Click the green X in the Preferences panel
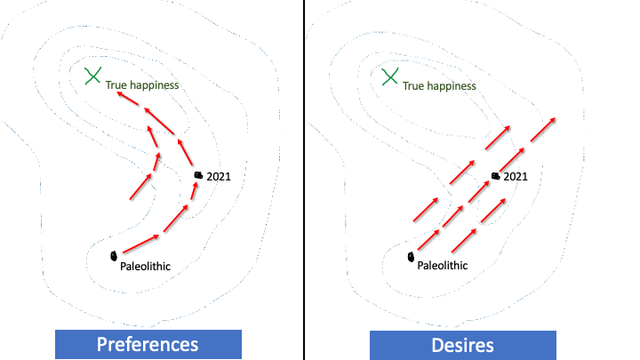(x=92, y=76)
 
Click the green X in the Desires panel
(x=389, y=77)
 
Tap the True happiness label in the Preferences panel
(x=142, y=85)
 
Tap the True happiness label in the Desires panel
(x=439, y=86)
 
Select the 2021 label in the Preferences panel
(x=219, y=177)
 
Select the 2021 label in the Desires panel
(x=516, y=177)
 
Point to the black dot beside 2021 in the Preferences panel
(x=198, y=176)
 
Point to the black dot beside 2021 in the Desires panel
(x=495, y=176)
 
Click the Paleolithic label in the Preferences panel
(x=145, y=265)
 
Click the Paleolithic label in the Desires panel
(x=442, y=265)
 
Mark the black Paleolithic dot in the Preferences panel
(x=114, y=256)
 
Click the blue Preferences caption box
(x=148, y=344)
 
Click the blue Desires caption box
(x=463, y=344)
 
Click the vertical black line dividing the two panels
(x=305, y=178)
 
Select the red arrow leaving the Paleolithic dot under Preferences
(x=140, y=244)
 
